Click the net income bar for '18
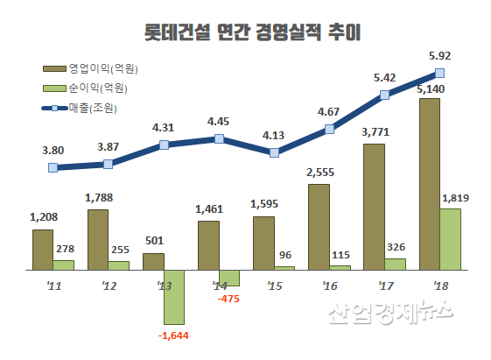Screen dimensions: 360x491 (x=449, y=238)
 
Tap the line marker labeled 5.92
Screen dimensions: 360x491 (x=440, y=74)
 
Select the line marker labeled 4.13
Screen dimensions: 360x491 (x=275, y=152)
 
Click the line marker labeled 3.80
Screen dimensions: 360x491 (x=53, y=167)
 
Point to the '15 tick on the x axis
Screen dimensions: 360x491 (x=274, y=286)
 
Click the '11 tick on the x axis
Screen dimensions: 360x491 (x=53, y=286)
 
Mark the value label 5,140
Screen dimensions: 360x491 (x=432, y=89)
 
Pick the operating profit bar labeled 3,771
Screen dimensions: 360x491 (x=374, y=206)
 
